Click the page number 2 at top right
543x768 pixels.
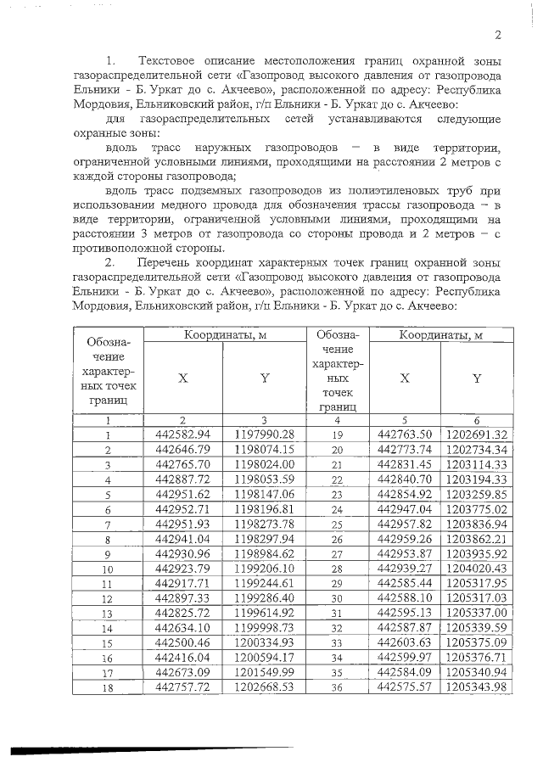pos(499,35)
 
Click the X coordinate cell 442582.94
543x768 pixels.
pos(182,434)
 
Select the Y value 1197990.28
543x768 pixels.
pos(264,434)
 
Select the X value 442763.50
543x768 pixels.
pos(404,434)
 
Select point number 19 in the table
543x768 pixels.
pos(337,435)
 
